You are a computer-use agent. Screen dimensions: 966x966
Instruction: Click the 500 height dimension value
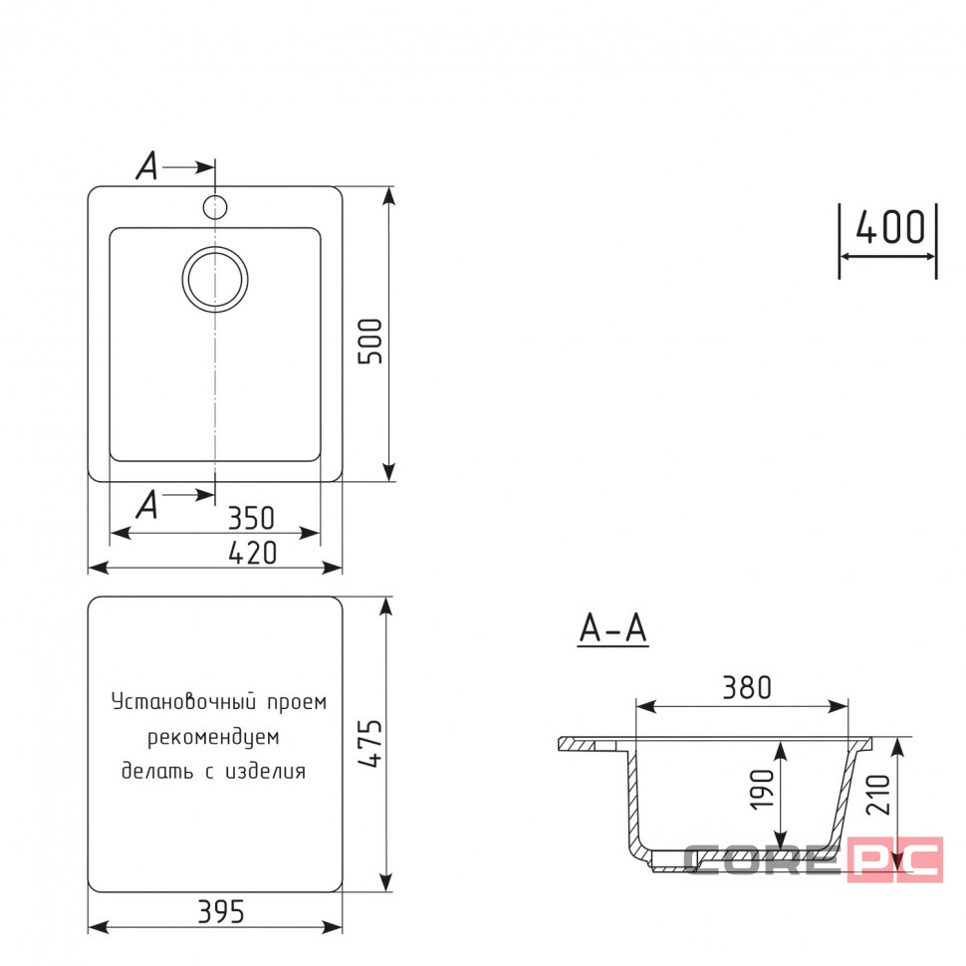pos(370,342)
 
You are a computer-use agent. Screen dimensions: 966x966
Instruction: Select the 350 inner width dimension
pos(251,518)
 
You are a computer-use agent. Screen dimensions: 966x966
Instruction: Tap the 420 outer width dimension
pos(253,553)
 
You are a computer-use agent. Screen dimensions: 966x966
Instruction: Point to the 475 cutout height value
pos(370,744)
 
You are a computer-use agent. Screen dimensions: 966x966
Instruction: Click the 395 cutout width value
pos(221,912)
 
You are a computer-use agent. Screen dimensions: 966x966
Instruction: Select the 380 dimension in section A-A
pos(747,687)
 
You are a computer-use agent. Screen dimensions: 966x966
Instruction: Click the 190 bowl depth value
pos(762,789)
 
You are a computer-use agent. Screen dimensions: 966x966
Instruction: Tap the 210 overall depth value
pos(878,795)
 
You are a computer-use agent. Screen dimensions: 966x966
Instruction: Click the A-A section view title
pos(613,628)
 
